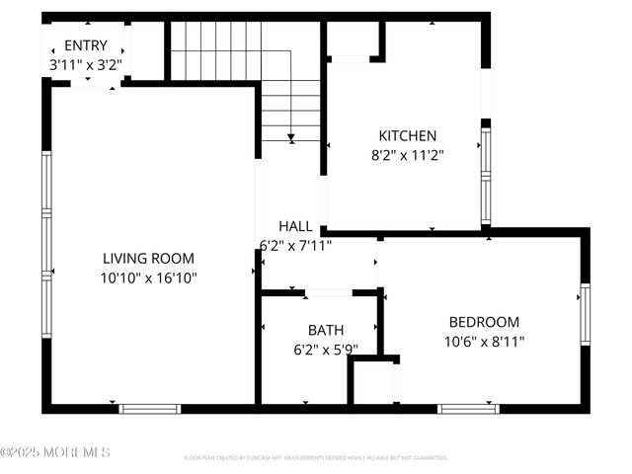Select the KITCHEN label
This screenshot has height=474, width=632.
point(408,135)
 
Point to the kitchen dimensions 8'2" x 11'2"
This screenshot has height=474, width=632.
point(408,154)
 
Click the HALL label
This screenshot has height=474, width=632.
point(295,226)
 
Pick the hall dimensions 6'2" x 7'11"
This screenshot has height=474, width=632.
point(295,244)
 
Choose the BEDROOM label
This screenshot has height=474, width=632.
point(484,322)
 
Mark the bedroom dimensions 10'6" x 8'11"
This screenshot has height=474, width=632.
point(484,341)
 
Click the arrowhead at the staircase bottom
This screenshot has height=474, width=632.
point(291,137)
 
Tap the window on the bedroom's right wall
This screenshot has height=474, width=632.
point(585,314)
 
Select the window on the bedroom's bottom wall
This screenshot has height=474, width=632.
point(468,408)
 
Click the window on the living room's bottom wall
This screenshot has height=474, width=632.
point(149,408)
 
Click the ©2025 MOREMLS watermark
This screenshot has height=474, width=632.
point(55,452)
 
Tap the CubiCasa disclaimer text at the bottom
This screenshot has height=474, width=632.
point(316,458)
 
